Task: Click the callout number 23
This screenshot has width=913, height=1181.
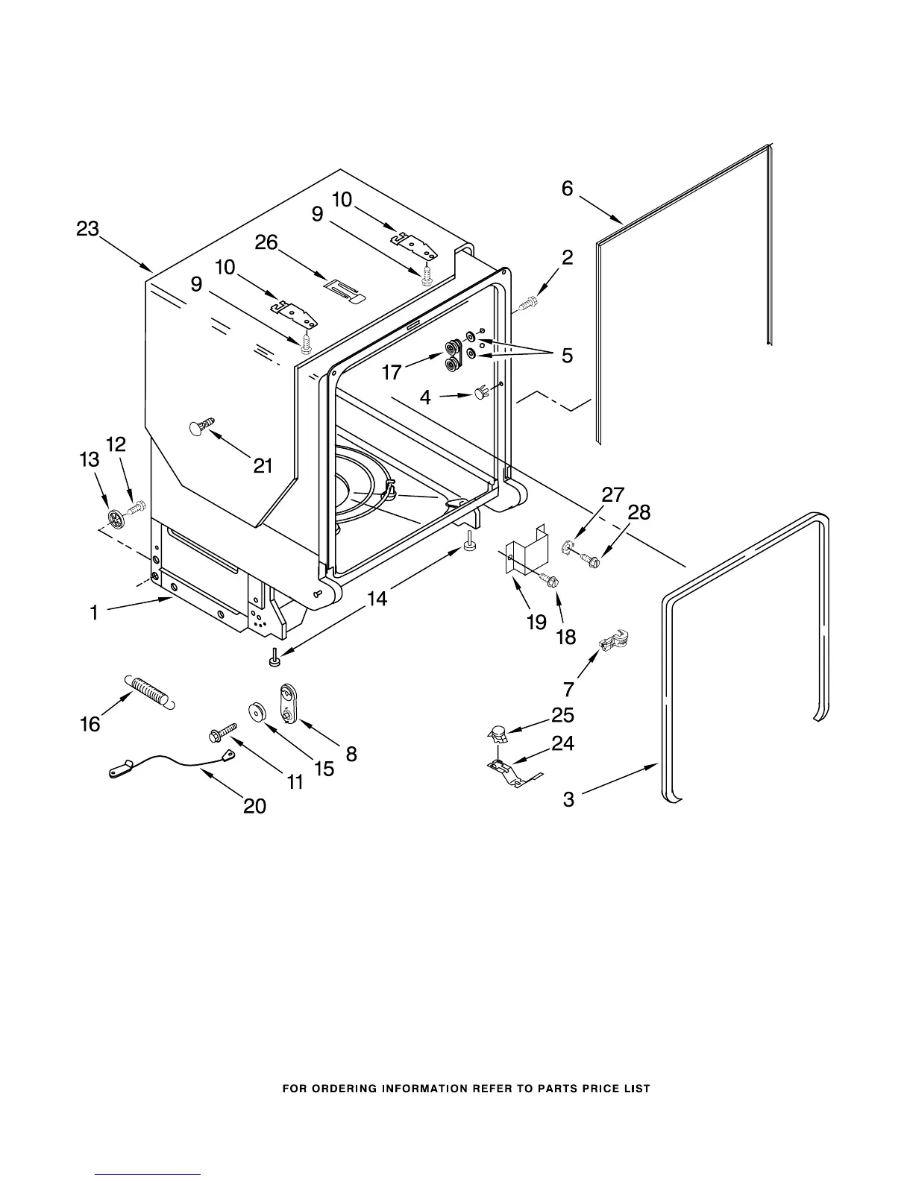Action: [x=87, y=229]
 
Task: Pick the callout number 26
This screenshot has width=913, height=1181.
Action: [x=266, y=242]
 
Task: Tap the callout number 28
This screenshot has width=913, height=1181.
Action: [x=639, y=512]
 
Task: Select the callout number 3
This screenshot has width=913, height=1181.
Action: [x=568, y=800]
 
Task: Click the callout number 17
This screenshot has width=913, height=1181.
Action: [x=392, y=371]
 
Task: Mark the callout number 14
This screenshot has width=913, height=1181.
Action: [x=377, y=598]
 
